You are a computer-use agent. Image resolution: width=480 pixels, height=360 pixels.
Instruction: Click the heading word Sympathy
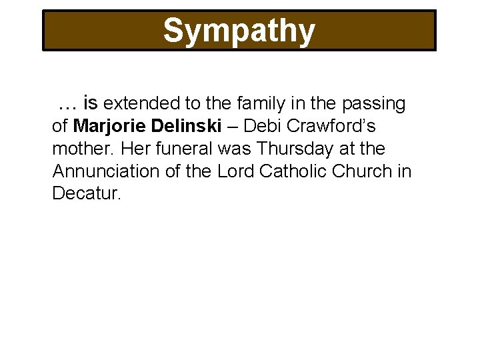(x=239, y=31)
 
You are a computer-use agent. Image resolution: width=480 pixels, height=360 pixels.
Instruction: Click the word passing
(x=373, y=104)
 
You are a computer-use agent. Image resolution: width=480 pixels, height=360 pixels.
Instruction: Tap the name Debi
(x=263, y=126)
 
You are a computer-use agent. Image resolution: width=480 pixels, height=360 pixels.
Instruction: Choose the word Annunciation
(x=106, y=171)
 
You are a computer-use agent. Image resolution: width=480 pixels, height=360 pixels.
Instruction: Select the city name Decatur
(x=87, y=194)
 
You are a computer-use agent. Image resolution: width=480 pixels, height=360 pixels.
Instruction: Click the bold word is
(x=91, y=103)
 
